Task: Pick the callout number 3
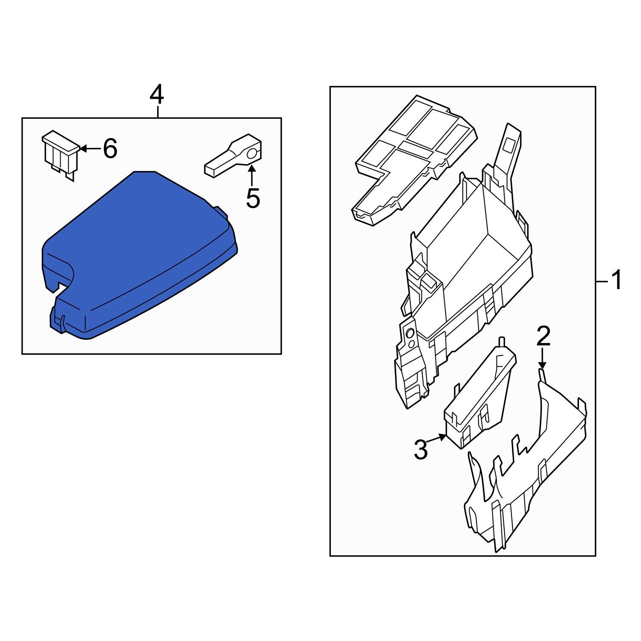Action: pos(421,450)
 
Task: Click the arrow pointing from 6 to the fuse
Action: pos(90,149)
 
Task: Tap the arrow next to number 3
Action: pos(437,439)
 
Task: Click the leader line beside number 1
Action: pos(601,281)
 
